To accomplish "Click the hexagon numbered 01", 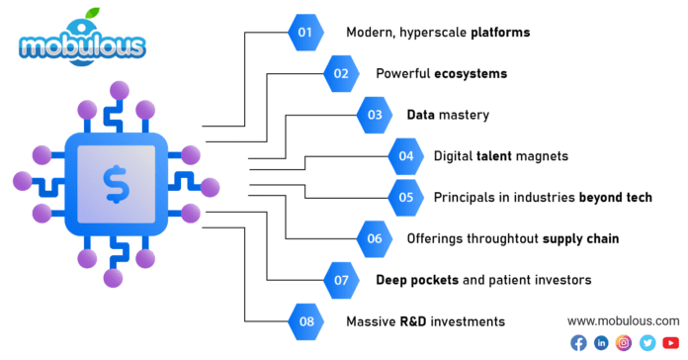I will coord(305,32).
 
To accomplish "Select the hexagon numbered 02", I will coord(342,73).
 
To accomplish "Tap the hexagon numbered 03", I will coord(375,115).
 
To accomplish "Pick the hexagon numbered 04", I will coord(405,156).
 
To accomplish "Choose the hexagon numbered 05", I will coord(405,197).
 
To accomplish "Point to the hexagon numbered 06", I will coord(375,238).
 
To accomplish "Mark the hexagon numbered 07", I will coord(342,280).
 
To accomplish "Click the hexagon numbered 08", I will coord(305,321).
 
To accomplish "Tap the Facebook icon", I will coord(578,343).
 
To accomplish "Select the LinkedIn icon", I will coord(601,343).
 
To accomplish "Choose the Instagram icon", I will coord(624,343).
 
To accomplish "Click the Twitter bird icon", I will coord(647,343).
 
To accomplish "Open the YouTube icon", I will coord(670,343).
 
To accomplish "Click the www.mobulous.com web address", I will coord(623,321).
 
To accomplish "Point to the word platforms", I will coord(499,33).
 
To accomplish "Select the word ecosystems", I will coord(473,74).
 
